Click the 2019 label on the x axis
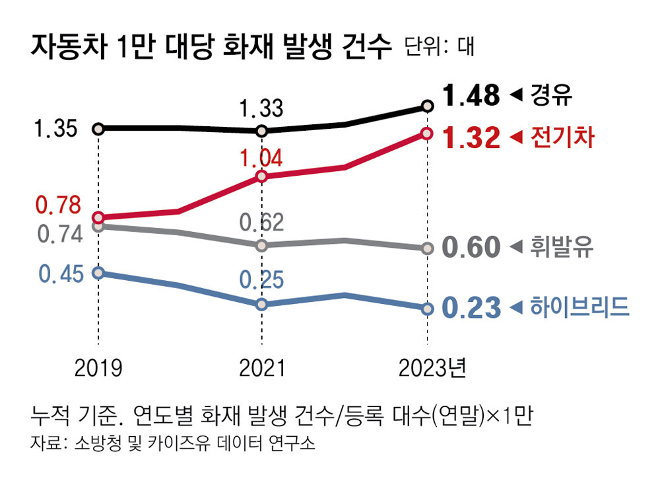(x=98, y=368)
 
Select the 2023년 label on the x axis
(x=432, y=368)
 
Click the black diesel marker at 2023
(x=427, y=106)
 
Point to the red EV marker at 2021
(x=261, y=176)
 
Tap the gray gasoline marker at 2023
(x=427, y=248)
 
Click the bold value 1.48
(x=471, y=96)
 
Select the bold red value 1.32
(x=471, y=138)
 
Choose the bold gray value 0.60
(x=471, y=248)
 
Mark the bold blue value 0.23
(x=471, y=308)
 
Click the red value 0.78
(x=58, y=206)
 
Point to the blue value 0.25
(x=261, y=280)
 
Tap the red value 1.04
(x=261, y=159)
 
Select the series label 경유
(x=550, y=96)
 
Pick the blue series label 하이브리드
(x=579, y=308)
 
